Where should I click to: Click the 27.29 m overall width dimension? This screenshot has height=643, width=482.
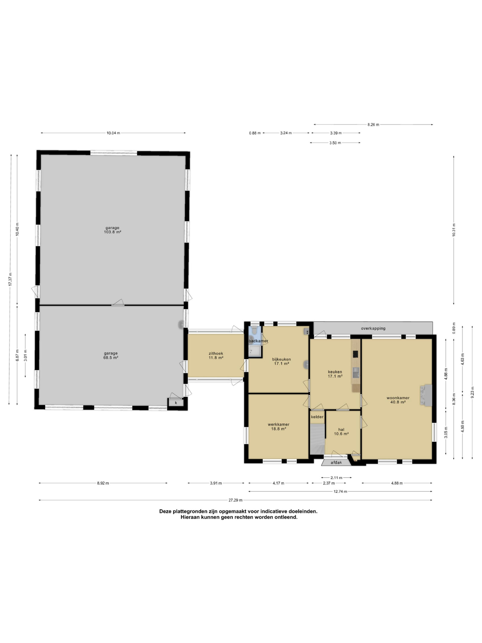pyautogui.click(x=235, y=500)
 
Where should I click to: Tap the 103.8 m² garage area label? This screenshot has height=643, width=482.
pyautogui.click(x=112, y=232)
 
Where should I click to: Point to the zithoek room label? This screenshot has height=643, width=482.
pyautogui.click(x=216, y=353)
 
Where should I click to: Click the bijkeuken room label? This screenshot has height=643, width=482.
pyautogui.click(x=281, y=359)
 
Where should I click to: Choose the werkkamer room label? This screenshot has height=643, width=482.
pyautogui.click(x=279, y=424)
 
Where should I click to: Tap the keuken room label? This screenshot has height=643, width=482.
pyautogui.click(x=335, y=372)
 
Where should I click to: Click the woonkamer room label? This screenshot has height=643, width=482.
pyautogui.click(x=398, y=398)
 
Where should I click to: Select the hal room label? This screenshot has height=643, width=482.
pyautogui.click(x=341, y=429)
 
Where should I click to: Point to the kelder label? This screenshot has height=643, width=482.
pyautogui.click(x=317, y=417)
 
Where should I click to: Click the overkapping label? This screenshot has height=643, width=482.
pyautogui.click(x=373, y=329)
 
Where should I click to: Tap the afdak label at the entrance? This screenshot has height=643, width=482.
pyautogui.click(x=336, y=463)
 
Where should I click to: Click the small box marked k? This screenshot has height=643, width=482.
pyautogui.click(x=176, y=403)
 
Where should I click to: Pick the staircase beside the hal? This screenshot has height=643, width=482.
pyautogui.click(x=317, y=439)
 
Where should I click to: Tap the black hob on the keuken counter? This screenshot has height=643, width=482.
pyautogui.click(x=355, y=354)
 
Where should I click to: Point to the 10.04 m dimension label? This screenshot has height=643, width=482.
pyautogui.click(x=113, y=133)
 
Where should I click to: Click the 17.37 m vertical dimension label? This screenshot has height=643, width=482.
pyautogui.click(x=10, y=279)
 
